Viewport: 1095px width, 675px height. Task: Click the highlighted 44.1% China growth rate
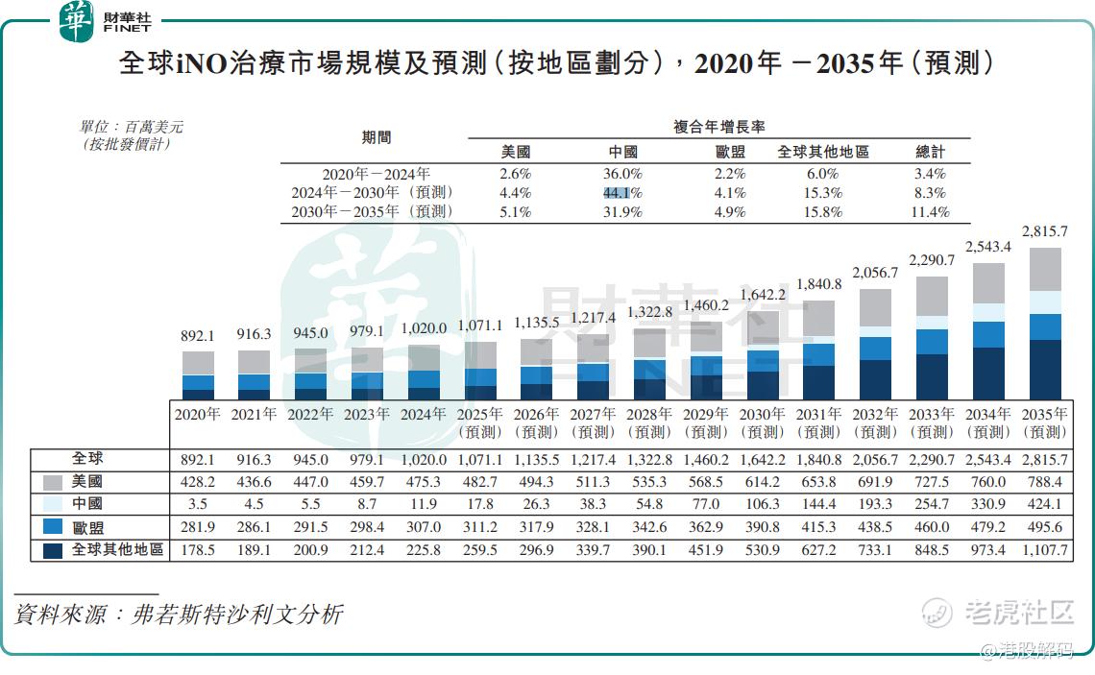[622, 193]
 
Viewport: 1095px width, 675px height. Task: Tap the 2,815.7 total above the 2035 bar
[1045, 231]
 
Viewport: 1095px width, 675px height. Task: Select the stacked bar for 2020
[198, 375]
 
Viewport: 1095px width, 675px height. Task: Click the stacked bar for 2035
[1045, 323]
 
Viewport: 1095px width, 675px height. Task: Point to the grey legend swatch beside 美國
[53, 482]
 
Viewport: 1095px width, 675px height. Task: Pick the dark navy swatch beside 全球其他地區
[53, 550]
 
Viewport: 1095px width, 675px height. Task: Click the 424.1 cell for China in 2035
[1045, 504]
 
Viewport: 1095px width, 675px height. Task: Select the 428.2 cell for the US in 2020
[198, 482]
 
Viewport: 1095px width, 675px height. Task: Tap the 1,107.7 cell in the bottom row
[1045, 550]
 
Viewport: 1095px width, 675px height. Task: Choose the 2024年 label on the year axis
[424, 415]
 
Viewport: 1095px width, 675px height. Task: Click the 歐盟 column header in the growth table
[730, 152]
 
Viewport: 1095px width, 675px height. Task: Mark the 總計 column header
[930, 152]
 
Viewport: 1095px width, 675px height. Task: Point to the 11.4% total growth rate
[930, 212]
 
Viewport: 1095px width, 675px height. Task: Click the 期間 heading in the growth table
[377, 137]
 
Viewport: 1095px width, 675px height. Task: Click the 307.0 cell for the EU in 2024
[424, 527]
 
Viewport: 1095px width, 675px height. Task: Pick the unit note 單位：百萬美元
[132, 126]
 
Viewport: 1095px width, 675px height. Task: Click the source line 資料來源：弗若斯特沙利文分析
[179, 615]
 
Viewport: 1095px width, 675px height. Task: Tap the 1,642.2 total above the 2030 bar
[763, 295]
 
